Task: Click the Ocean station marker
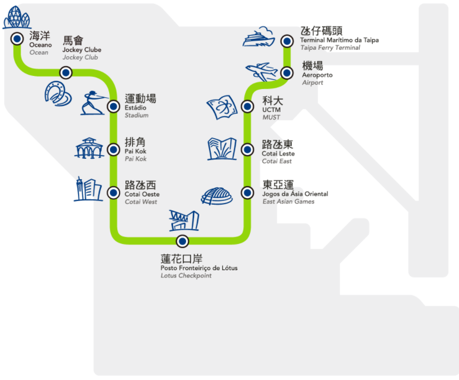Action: (x=17, y=38)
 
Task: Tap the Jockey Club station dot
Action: (x=65, y=72)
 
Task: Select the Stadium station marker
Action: (x=114, y=105)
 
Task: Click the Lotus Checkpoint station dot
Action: (x=182, y=241)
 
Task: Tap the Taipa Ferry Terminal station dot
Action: (x=287, y=41)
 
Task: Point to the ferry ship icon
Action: (x=259, y=38)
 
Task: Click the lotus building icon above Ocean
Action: (x=17, y=17)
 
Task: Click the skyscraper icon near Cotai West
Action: (x=87, y=189)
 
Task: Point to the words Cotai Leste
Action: (x=278, y=154)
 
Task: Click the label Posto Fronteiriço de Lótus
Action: (x=199, y=268)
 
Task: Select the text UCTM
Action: (x=271, y=110)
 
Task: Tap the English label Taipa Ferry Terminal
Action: (x=330, y=48)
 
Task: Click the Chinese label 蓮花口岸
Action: (x=181, y=259)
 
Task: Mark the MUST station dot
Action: (x=247, y=106)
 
